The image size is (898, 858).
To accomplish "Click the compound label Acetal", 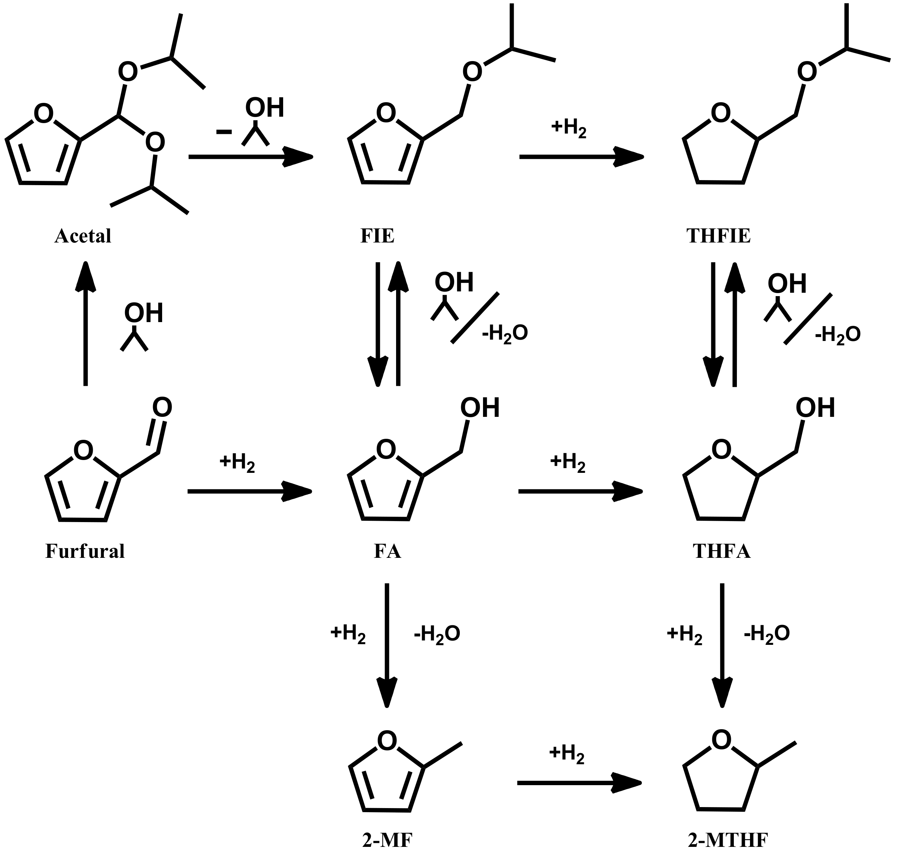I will click(x=83, y=236).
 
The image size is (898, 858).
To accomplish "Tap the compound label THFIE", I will click(x=718, y=236).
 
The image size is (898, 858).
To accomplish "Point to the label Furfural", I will click(x=85, y=551).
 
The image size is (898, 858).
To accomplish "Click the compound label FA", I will click(x=388, y=551).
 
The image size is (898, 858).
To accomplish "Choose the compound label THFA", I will click(x=722, y=551).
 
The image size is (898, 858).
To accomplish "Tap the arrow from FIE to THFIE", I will click(x=581, y=157).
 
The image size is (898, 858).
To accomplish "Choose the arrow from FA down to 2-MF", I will click(x=387, y=645).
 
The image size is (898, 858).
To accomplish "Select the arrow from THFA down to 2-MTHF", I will click(x=722, y=645).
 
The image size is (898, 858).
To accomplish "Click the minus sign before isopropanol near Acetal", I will click(x=223, y=132).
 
